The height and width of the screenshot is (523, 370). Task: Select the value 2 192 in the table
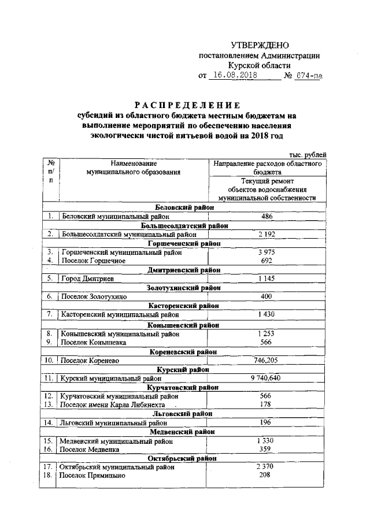coord(267,234)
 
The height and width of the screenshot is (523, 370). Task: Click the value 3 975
coord(267,252)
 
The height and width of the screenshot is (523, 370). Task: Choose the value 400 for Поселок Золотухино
coord(267,296)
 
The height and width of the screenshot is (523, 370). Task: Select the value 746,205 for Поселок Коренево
coord(267,360)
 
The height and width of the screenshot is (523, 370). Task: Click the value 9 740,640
coord(267,379)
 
